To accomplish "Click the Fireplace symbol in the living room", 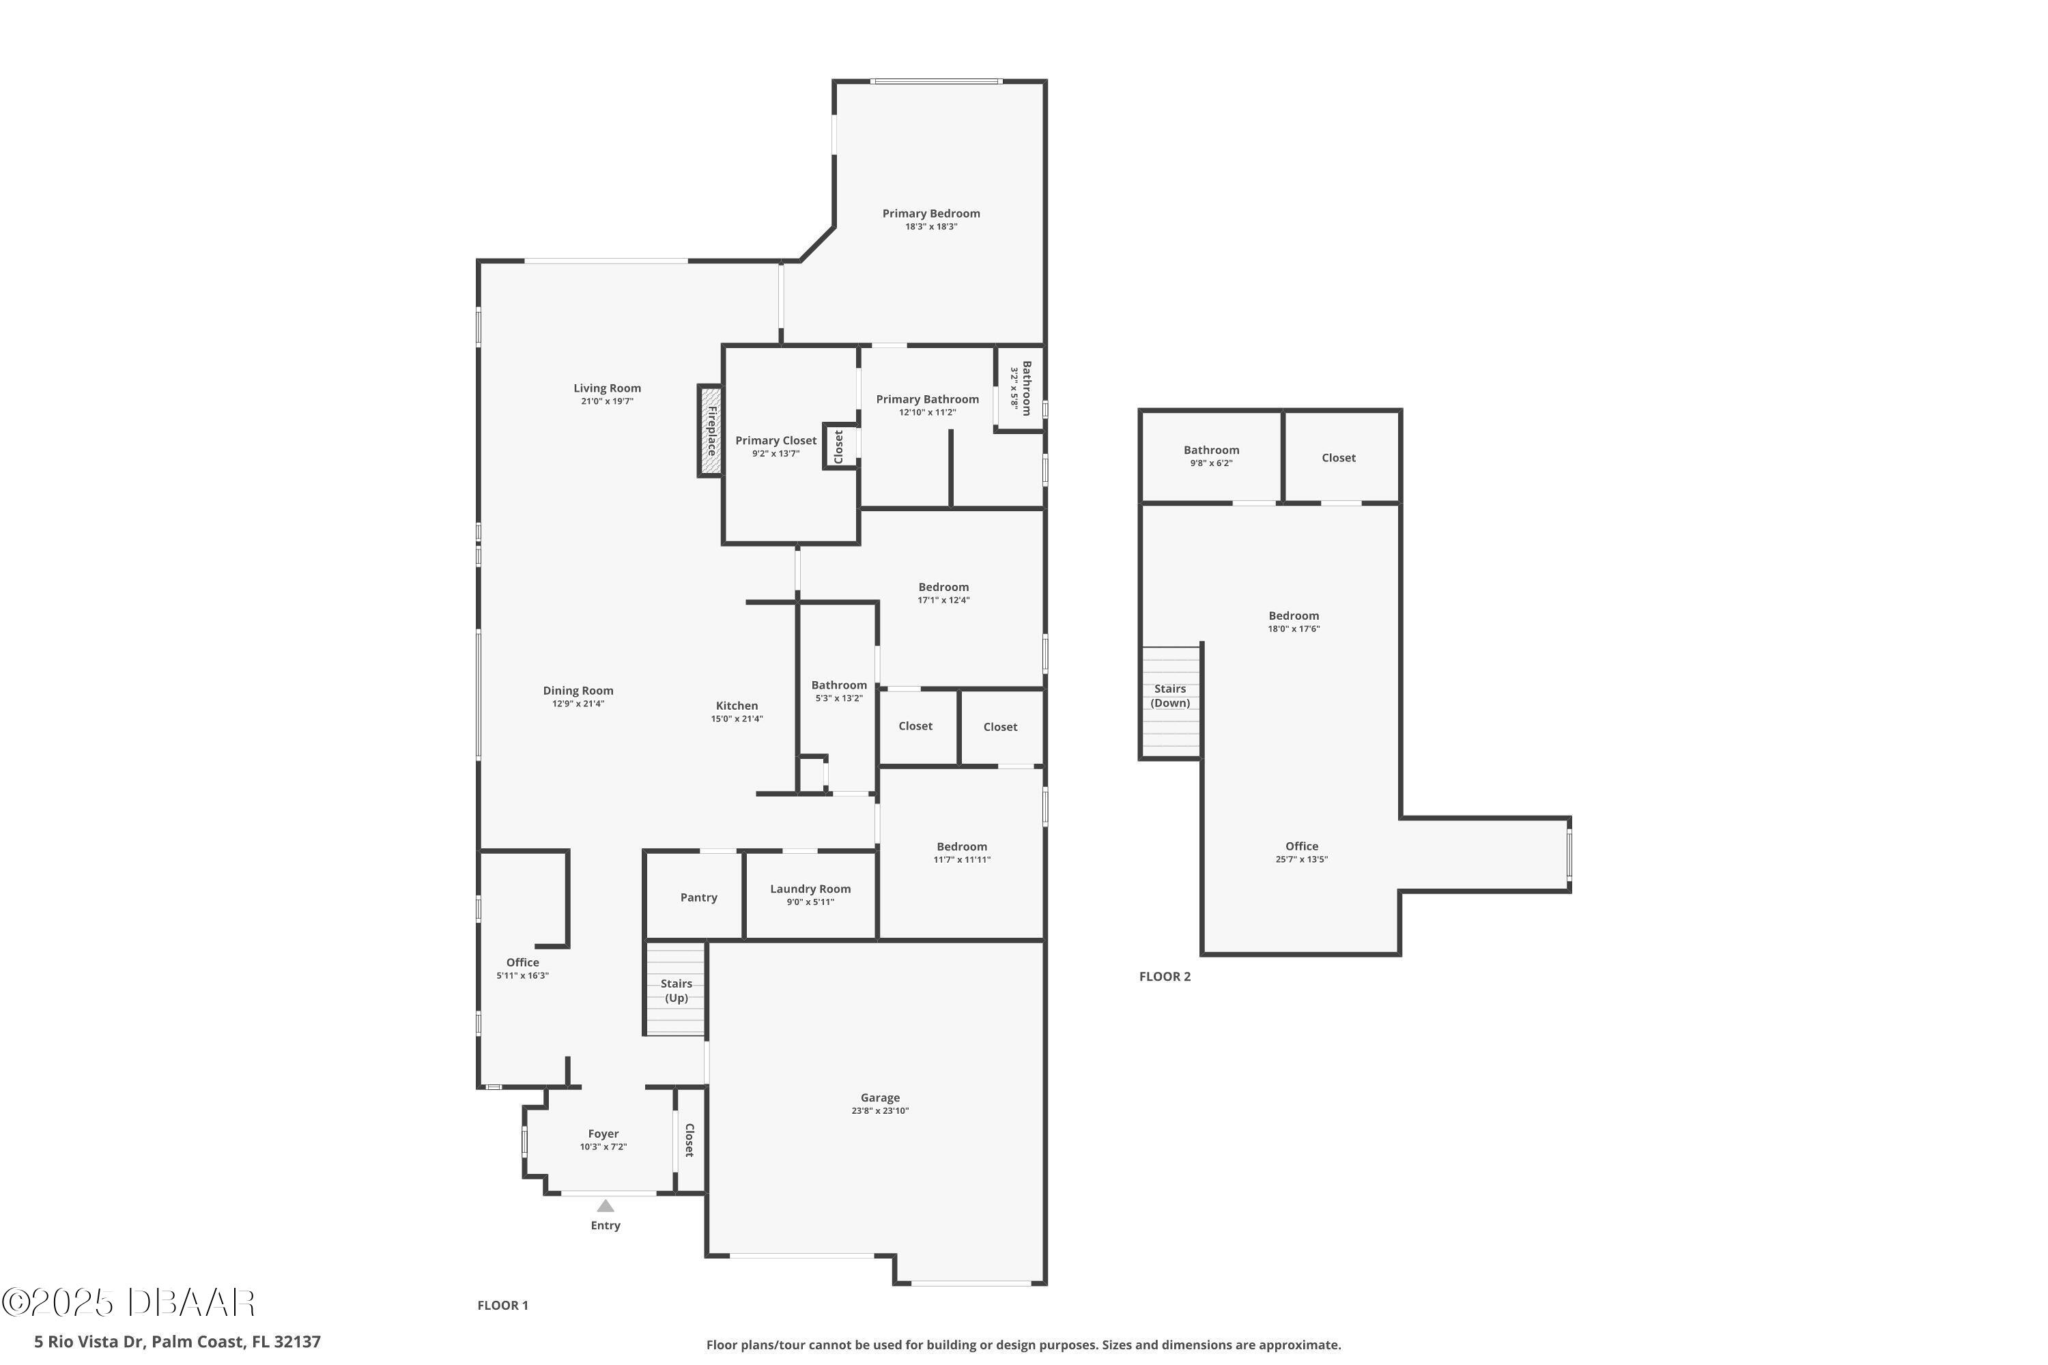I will (711, 431).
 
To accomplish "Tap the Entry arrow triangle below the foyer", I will (605, 1207).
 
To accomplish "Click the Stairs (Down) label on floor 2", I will (1169, 695).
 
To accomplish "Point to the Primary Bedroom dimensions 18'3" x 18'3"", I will (931, 227).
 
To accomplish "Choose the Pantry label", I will (698, 897).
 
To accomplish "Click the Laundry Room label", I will (810, 889).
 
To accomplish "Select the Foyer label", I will (603, 1134).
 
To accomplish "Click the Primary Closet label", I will (775, 440).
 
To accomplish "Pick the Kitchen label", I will (737, 706).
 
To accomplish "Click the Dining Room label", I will (578, 690).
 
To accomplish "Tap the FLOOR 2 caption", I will (1164, 977).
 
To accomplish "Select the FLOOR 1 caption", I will (502, 1305).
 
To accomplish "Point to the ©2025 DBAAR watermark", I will (128, 1302).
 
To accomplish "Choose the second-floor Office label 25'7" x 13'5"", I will (1301, 846).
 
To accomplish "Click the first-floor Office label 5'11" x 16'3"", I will (522, 962).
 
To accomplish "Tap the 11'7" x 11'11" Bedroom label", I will (961, 846).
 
